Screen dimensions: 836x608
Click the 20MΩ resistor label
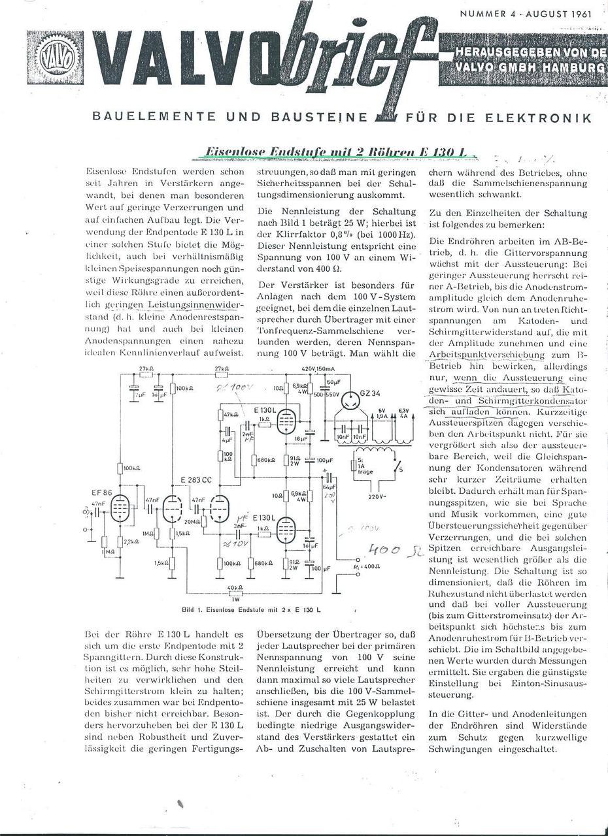pos(193,522)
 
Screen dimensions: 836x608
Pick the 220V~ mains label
pos(378,497)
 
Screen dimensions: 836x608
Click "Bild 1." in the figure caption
pos(196,610)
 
